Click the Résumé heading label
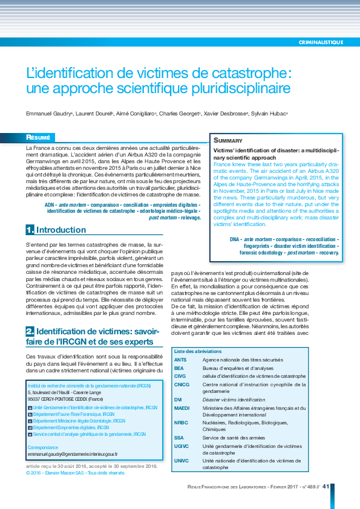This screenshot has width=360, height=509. click(x=41, y=137)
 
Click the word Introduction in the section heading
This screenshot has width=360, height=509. click(x=61, y=230)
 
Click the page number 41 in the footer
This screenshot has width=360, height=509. click(x=325, y=486)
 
